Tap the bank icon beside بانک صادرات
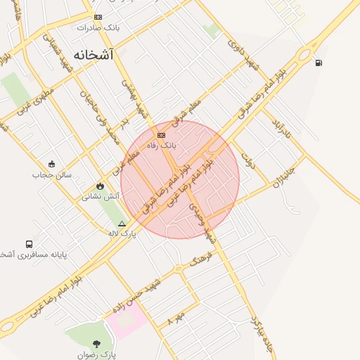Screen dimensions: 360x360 tap(98, 17)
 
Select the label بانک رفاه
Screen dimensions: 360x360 tap(161, 145)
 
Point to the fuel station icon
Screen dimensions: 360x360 tap(320, 63)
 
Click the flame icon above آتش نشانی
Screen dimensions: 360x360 tap(100, 186)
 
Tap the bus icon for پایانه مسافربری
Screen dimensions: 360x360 tap(29, 244)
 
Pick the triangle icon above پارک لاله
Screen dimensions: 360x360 tap(122, 224)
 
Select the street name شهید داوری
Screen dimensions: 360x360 tap(243, 51)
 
